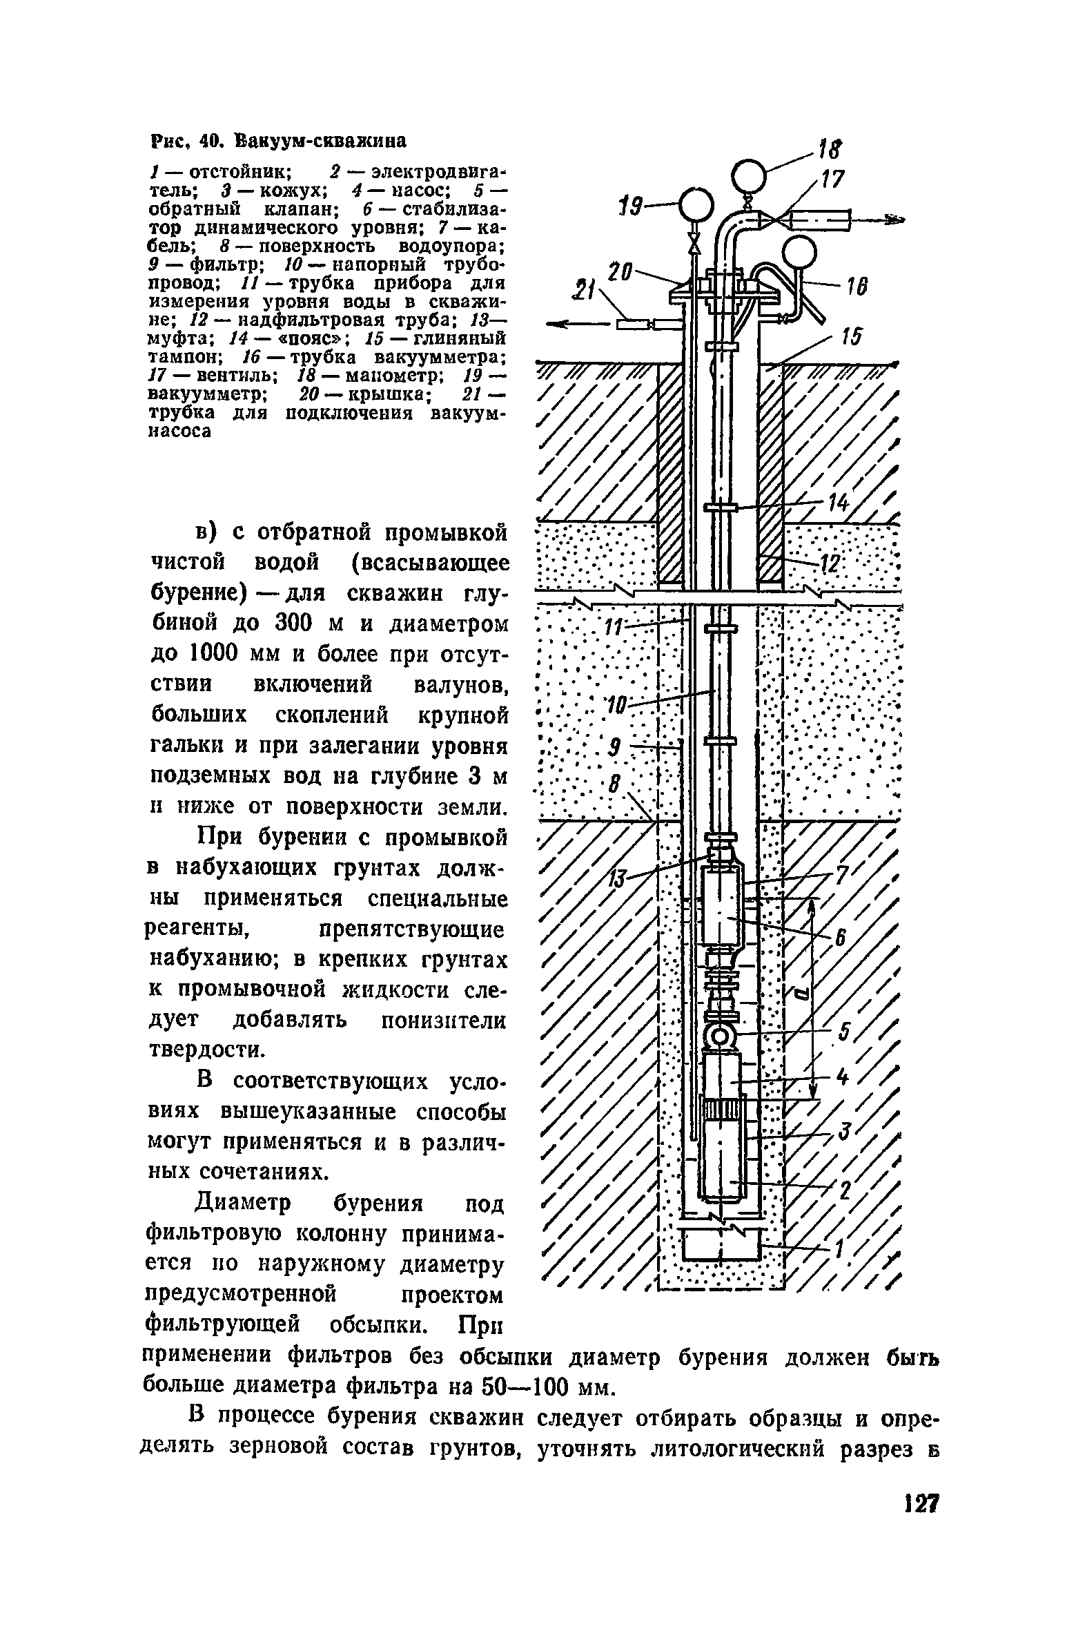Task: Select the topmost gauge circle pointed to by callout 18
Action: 749,175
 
